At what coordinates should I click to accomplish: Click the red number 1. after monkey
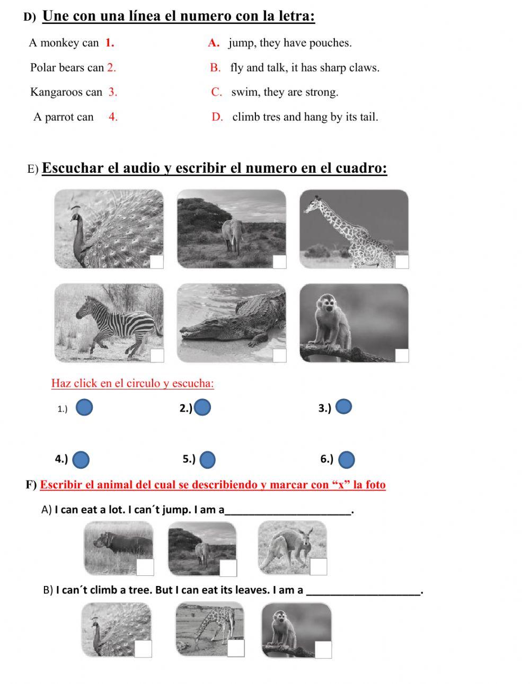[110, 43]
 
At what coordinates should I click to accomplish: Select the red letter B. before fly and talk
[215, 68]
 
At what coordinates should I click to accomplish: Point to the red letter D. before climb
[217, 117]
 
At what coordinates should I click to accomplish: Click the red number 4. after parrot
[113, 117]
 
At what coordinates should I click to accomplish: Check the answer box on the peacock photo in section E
[157, 262]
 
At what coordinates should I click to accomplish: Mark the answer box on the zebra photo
[157, 356]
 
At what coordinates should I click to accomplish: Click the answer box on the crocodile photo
[279, 356]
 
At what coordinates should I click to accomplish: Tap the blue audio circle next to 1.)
[84, 407]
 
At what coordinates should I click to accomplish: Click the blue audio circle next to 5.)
[208, 459]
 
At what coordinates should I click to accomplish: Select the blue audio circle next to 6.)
[346, 459]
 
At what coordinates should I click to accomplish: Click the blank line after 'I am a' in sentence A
[287, 510]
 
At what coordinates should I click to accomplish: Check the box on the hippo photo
[145, 567]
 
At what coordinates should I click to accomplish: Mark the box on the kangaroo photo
[319, 566]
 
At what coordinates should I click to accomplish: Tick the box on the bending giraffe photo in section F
[236, 648]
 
